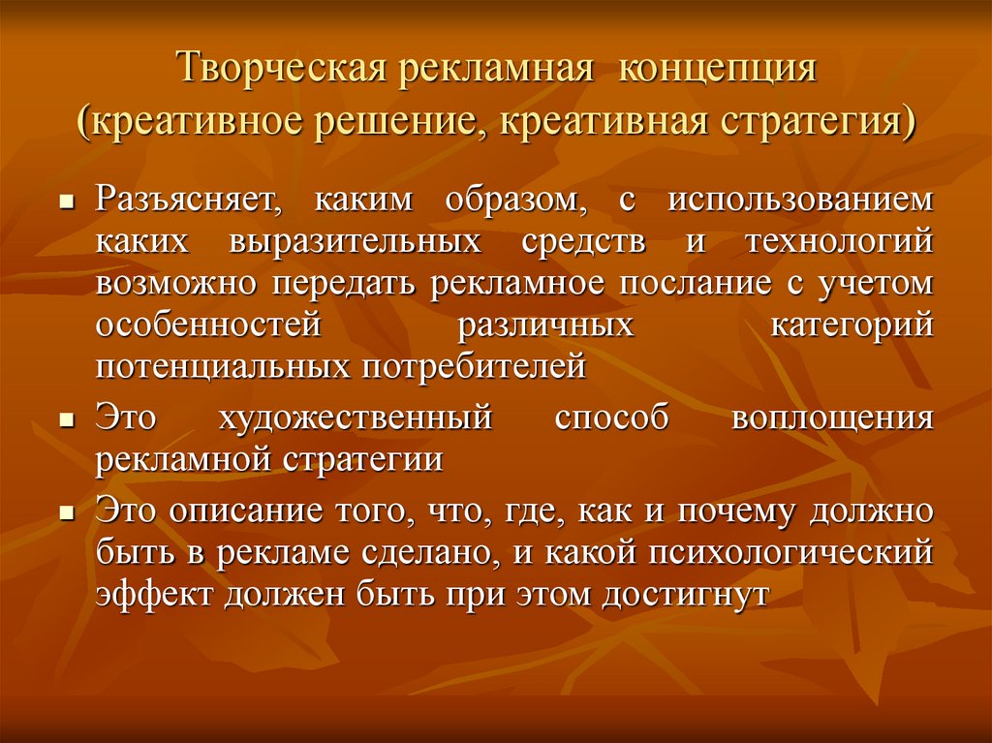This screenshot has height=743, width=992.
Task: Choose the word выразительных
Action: tap(355, 242)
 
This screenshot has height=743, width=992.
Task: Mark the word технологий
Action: tap(839, 242)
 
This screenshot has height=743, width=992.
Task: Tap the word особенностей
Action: tap(207, 325)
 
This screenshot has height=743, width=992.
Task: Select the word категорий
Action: tap(852, 325)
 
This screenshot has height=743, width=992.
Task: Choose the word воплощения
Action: tap(832, 418)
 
